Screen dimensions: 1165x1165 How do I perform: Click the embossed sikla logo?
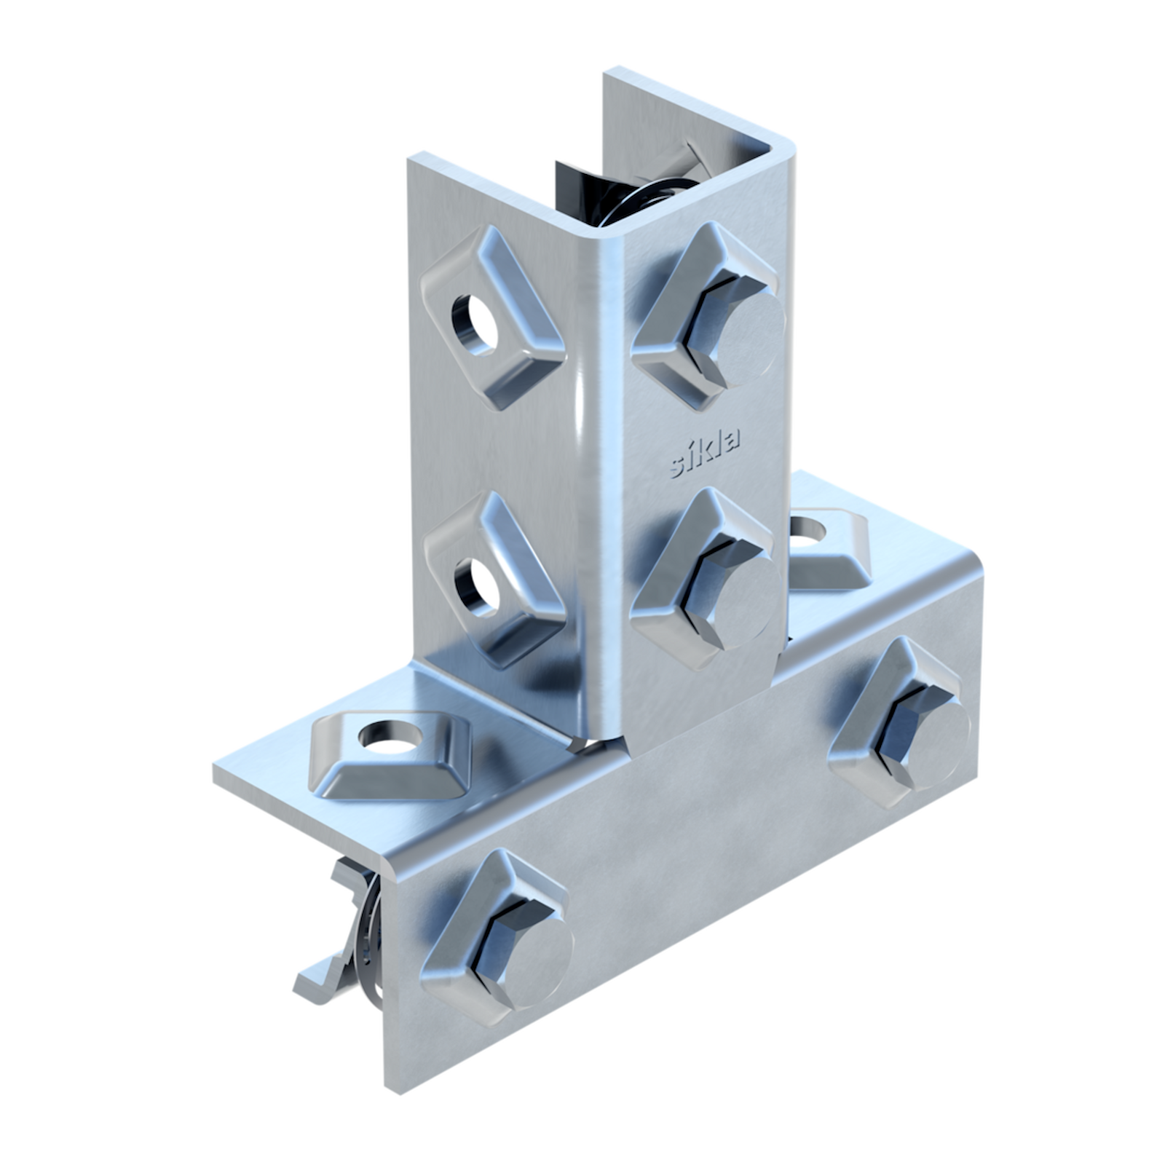click(704, 453)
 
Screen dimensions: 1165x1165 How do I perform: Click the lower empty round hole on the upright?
click(477, 586)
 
